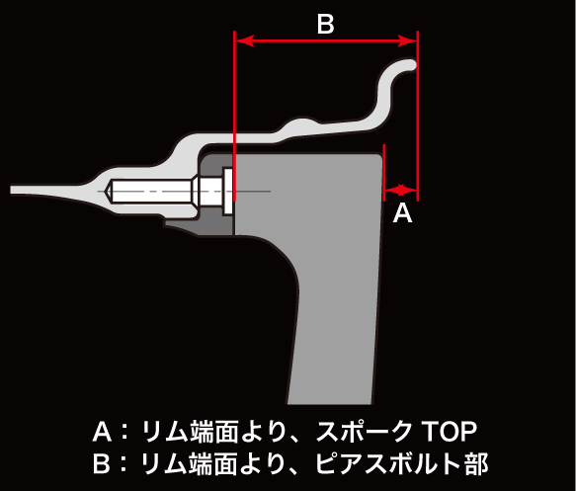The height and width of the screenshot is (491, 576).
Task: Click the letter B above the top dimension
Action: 325,25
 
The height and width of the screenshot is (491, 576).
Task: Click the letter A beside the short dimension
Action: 403,213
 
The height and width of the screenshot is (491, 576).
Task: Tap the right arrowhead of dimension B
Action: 407,41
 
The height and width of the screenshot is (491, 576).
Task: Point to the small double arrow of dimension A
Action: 401,190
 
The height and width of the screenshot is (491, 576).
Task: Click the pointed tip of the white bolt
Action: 106,191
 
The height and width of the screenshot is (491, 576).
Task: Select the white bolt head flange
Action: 228,191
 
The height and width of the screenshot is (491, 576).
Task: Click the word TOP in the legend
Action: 449,432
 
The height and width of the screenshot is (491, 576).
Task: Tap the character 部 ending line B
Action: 476,463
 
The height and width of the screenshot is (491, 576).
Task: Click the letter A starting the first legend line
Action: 102,432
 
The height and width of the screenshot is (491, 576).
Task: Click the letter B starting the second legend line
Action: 102,463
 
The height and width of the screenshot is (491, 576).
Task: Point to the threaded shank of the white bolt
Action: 151,191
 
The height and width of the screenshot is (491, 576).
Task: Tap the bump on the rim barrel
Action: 301,125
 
